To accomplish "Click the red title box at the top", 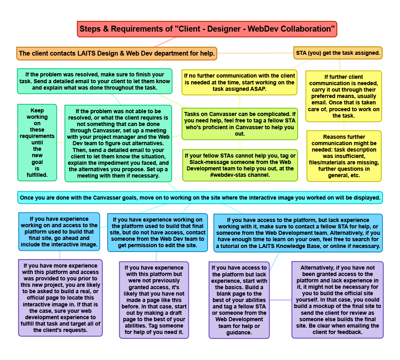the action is click(207, 29).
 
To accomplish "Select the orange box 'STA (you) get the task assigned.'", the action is click(338, 53).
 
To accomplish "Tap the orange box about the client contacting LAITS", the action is click(116, 54).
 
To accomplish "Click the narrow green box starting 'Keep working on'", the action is click(37, 143).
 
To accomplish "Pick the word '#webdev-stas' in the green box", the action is click(225, 175).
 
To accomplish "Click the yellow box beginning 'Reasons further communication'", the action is click(344, 156).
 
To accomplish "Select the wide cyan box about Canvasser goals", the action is click(200, 198).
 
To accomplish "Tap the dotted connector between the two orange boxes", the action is click(255, 53).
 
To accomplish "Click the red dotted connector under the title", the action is click(165, 42).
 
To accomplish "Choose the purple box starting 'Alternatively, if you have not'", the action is click(337, 300).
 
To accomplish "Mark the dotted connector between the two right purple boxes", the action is click(281, 300).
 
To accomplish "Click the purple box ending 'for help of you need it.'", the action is click(154, 300).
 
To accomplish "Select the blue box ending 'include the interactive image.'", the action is click(59, 232).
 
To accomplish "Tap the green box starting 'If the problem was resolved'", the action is click(95, 81).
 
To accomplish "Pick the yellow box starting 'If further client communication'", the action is click(344, 96).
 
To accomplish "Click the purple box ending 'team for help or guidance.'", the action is click(239, 300).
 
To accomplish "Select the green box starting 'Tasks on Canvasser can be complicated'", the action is click(240, 124).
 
